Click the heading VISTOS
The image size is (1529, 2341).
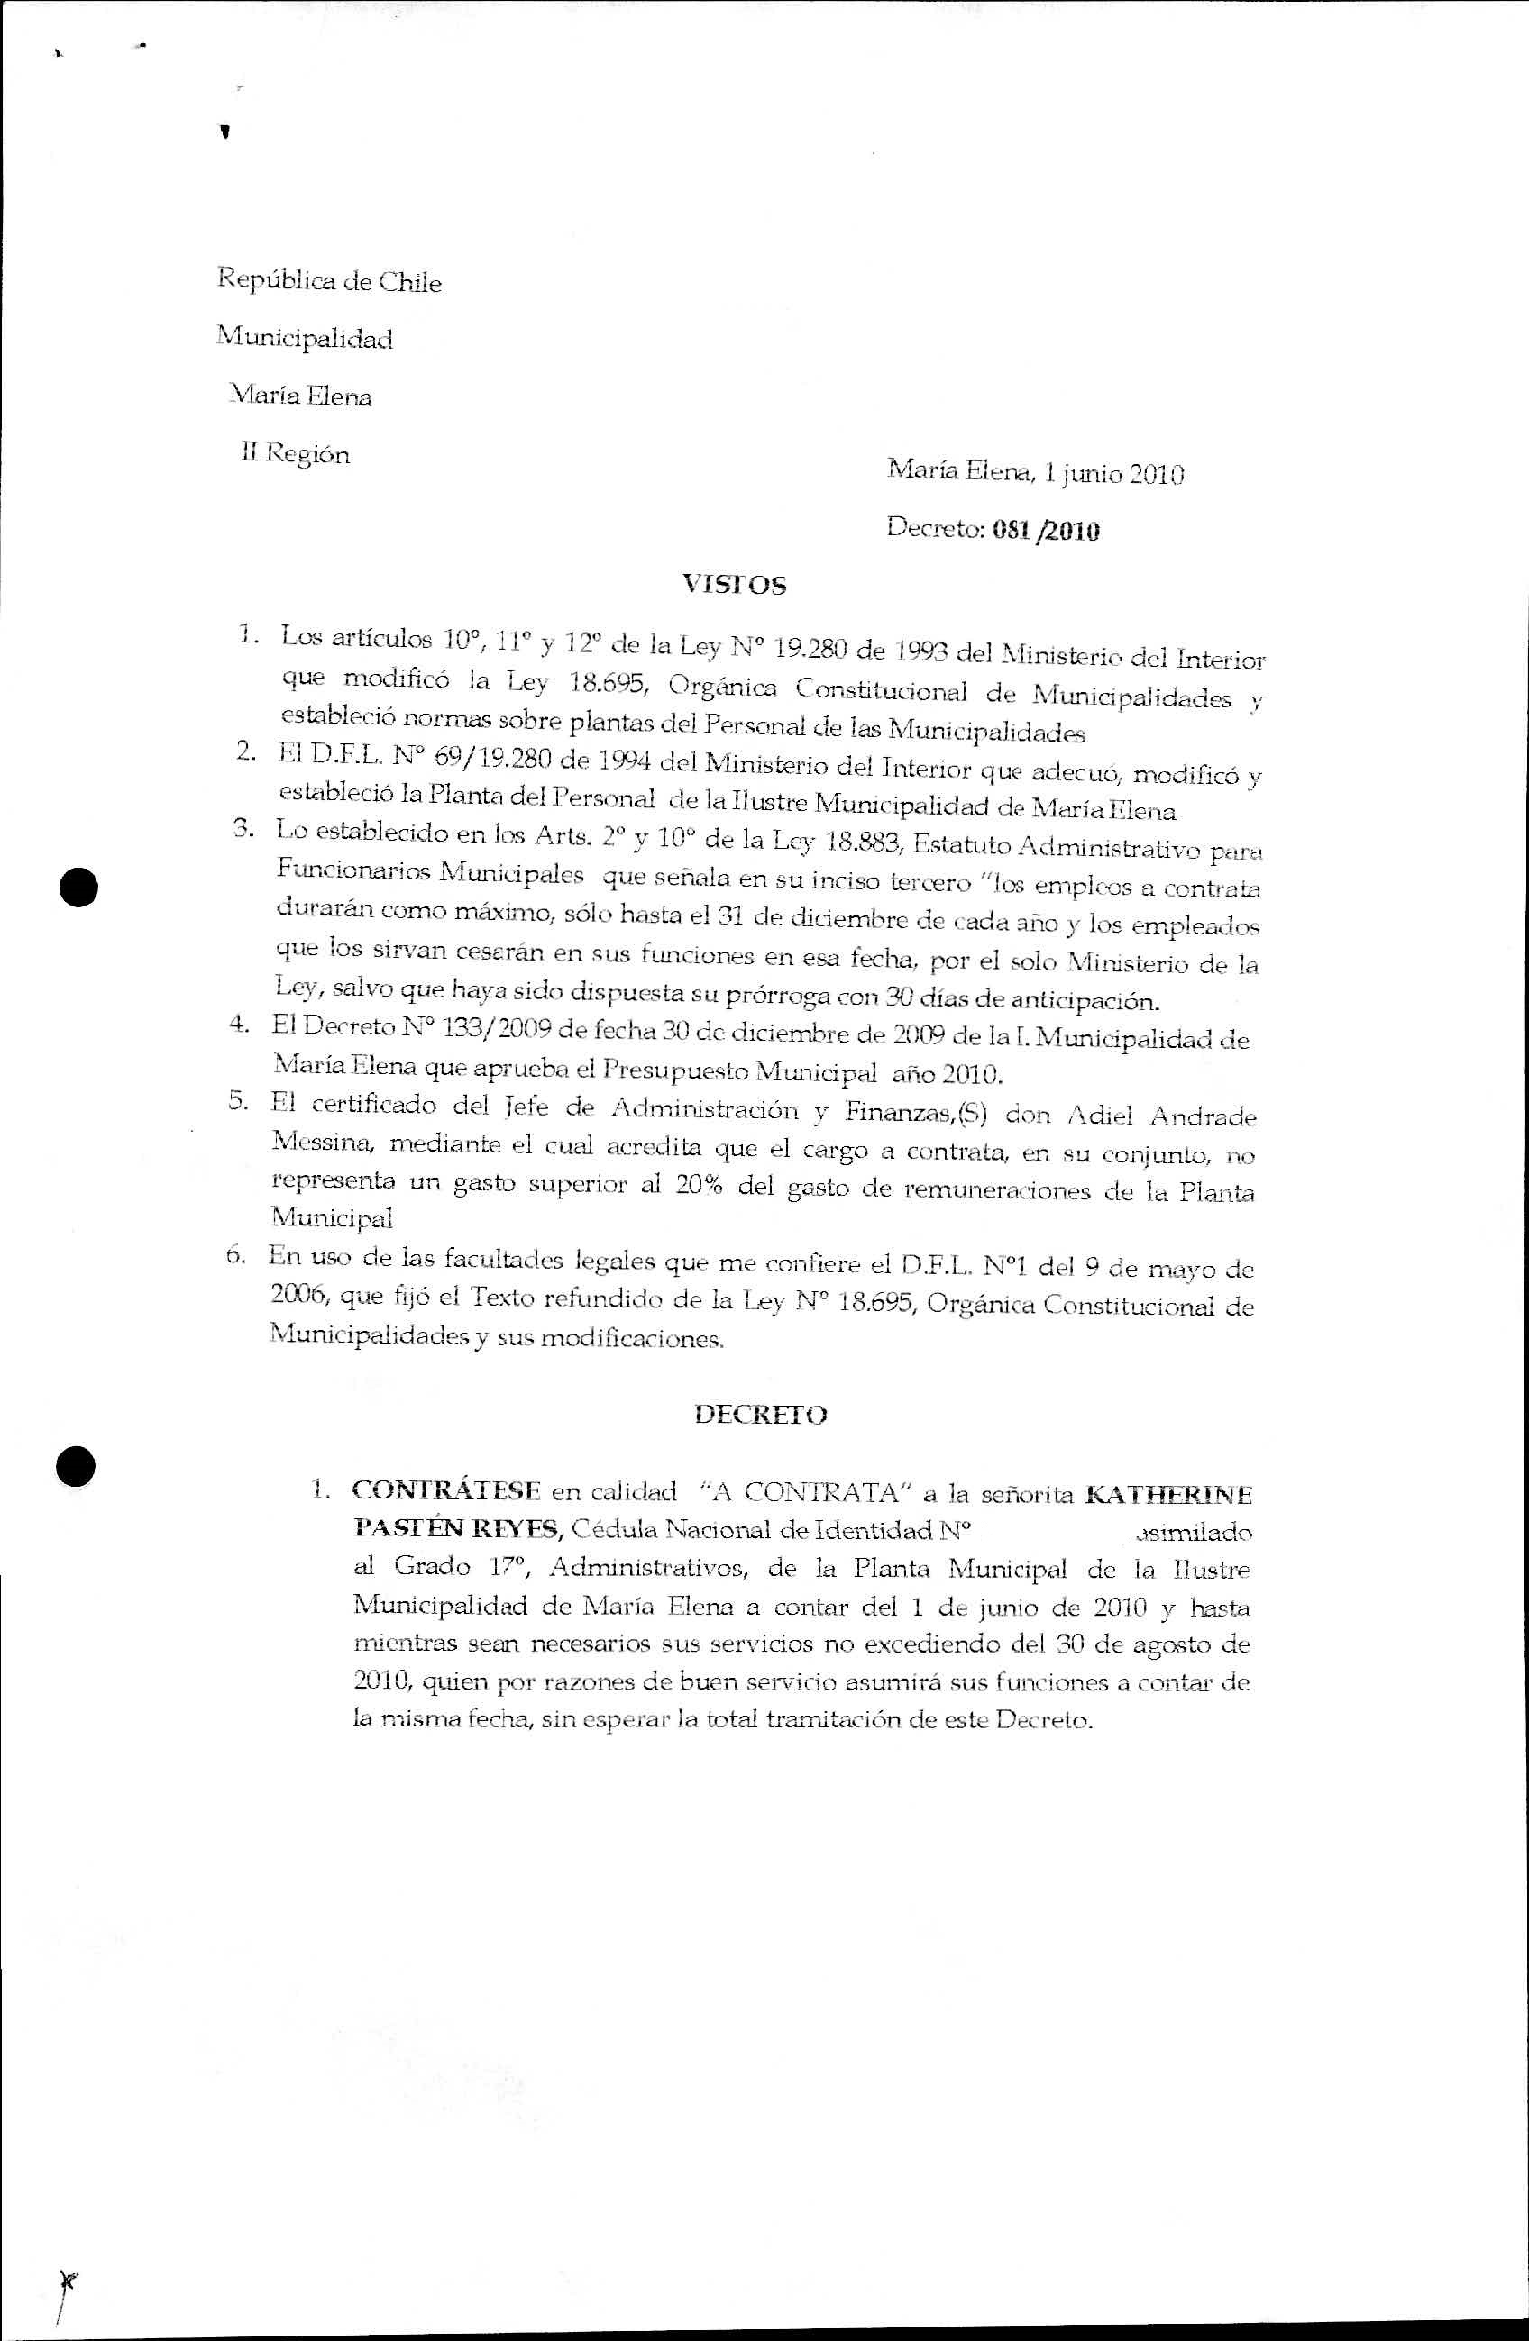click(x=735, y=586)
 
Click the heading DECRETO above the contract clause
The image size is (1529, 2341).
click(x=761, y=1415)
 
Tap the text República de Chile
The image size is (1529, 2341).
click(x=329, y=281)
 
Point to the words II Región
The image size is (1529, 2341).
click(x=295, y=454)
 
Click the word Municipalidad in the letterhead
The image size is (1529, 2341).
click(x=305, y=339)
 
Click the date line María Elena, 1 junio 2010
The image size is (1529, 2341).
click(x=1035, y=474)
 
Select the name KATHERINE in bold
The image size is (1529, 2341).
click(x=1167, y=1494)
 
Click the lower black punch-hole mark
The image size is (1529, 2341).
click(x=76, y=1465)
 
